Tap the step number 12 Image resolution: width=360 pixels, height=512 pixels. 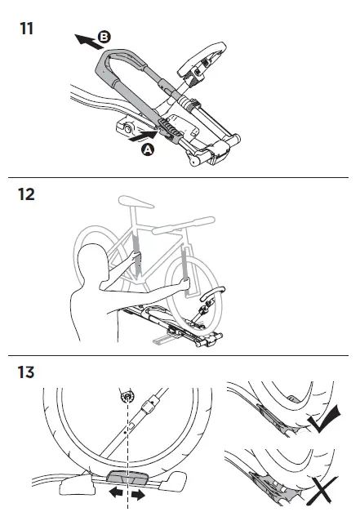[x=26, y=196]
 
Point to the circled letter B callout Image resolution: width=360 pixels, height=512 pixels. [x=104, y=37]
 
